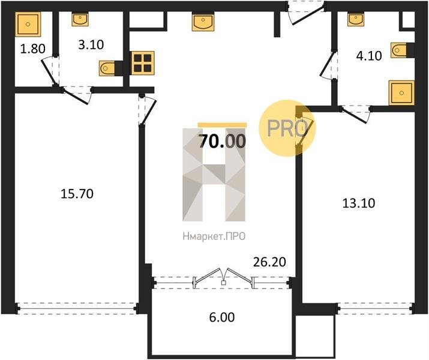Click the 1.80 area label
(x=32, y=49)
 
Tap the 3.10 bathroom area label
(x=91, y=45)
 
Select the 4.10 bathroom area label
(x=369, y=56)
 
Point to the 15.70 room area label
(x=77, y=194)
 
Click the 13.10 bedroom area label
(x=359, y=203)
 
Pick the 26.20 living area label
(x=270, y=262)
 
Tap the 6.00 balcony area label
(x=222, y=317)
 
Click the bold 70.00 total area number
(x=222, y=142)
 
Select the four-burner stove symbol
(x=143, y=63)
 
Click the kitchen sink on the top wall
(x=203, y=23)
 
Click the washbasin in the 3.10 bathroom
(x=80, y=19)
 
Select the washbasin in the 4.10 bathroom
(x=356, y=19)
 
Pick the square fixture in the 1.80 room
(x=28, y=25)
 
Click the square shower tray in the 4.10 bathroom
(x=401, y=93)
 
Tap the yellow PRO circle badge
(x=287, y=128)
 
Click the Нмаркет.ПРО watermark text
(x=214, y=236)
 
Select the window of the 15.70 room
(x=77, y=308)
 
